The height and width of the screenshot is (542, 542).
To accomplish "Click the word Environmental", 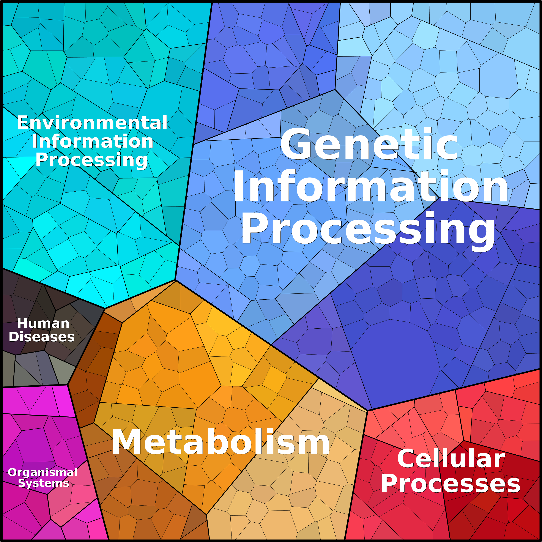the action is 92,123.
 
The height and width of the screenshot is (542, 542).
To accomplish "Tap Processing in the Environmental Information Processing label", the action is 91,160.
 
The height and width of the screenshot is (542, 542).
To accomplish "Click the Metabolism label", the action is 220,442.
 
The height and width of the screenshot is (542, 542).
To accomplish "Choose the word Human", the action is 43,323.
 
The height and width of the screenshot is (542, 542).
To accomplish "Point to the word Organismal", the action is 43,472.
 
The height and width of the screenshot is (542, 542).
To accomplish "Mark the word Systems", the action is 44,483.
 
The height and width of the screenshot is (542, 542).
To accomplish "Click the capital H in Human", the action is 22,323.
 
